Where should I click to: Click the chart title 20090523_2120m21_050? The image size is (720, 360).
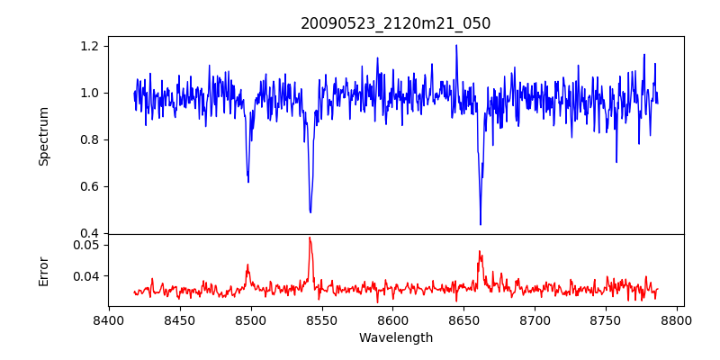396,23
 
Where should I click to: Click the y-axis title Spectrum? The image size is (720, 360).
43,136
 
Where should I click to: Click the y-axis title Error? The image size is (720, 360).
43,270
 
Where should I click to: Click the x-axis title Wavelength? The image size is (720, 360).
396,338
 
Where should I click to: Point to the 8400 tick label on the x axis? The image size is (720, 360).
109,319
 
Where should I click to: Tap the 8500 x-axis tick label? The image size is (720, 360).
250,319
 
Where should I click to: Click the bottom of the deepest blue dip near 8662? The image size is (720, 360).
481,224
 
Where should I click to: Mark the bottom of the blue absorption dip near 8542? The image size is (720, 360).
310,212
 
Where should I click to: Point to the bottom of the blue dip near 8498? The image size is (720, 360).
248,182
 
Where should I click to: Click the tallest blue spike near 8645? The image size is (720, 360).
456,46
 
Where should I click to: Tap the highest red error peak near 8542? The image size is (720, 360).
310,238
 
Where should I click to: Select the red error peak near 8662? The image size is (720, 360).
480,251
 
